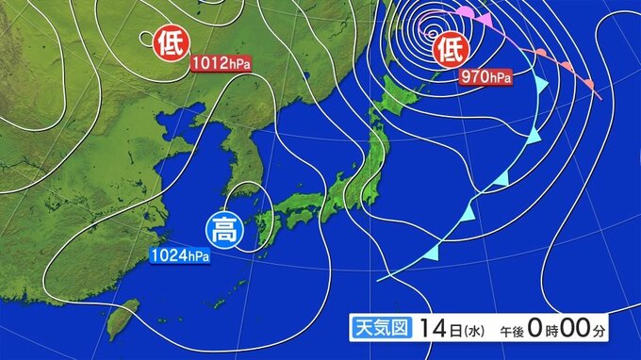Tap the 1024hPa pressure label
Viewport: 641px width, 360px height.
tap(178, 255)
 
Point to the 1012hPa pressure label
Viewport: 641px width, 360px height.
tap(222, 65)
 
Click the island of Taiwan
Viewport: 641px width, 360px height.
tap(119, 320)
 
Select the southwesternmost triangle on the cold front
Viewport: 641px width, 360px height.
tap(434, 252)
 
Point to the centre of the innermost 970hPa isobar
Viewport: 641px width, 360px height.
tap(425, 25)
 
